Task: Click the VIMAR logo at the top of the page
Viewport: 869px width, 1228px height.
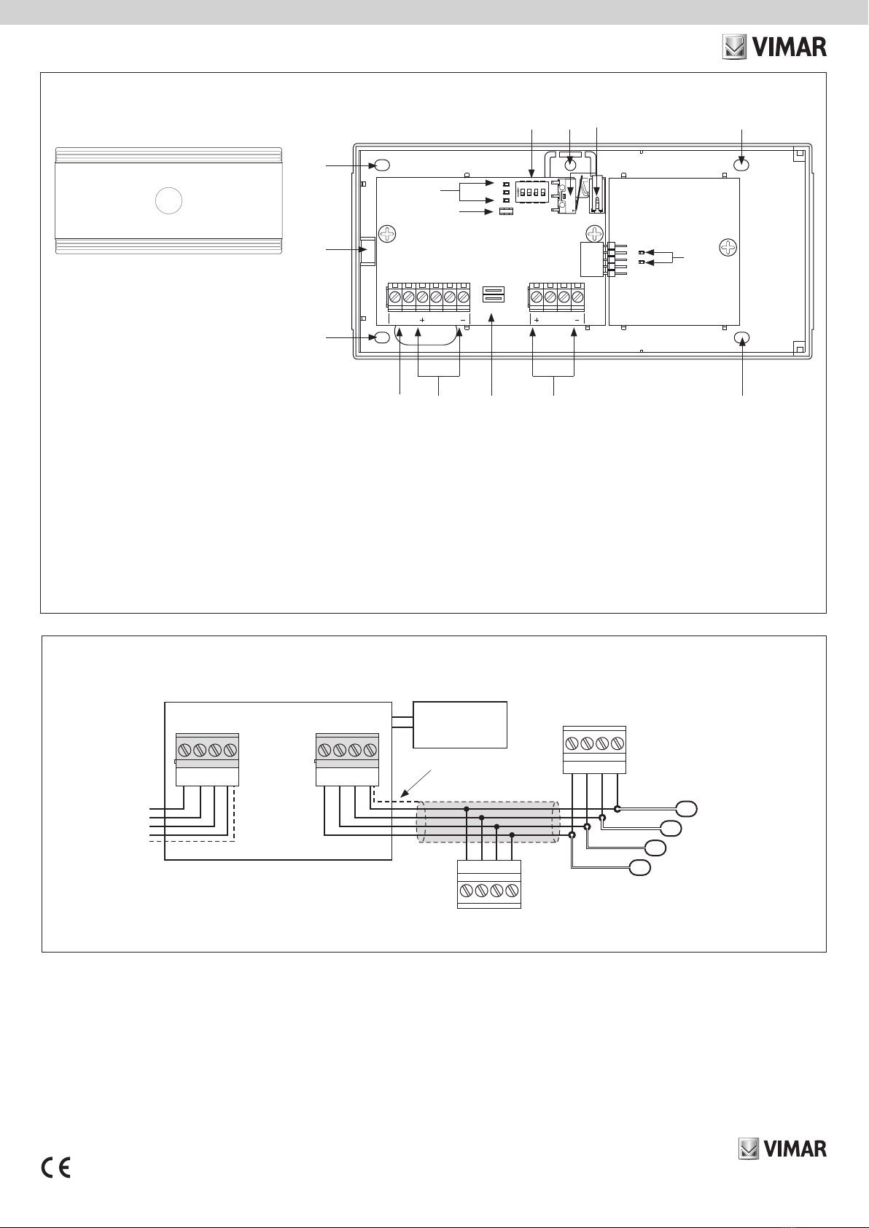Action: click(774, 47)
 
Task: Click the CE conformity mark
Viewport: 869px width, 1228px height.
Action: click(56, 1168)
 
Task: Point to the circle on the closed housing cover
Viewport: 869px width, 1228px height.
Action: click(168, 200)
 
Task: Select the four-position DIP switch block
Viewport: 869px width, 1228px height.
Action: click(531, 192)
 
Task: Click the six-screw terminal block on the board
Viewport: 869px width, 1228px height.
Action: click(429, 297)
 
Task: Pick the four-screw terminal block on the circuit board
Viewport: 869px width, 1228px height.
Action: click(556, 297)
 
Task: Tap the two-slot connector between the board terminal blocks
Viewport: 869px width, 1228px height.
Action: click(493, 294)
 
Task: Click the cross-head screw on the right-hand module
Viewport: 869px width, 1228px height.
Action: click(728, 249)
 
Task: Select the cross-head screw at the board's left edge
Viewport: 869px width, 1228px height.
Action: click(388, 234)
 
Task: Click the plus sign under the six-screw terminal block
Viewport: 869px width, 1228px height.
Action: click(421, 320)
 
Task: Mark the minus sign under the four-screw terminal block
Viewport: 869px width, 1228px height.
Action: click(577, 320)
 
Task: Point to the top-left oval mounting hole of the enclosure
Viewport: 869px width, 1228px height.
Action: click(382, 165)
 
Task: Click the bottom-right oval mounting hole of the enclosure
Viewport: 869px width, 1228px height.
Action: click(742, 337)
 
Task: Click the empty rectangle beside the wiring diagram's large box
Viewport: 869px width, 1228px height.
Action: click(460, 724)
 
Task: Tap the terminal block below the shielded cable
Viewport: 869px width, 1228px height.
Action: click(489, 884)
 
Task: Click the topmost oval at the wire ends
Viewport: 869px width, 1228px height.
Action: click(687, 809)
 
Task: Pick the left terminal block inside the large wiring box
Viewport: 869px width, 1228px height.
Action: click(207, 759)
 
